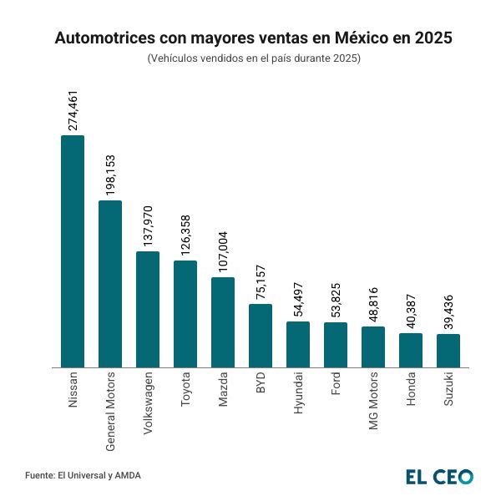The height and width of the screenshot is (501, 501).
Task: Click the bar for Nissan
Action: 73,250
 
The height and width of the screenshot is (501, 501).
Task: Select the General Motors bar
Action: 110,284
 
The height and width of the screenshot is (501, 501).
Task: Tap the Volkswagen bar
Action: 148,309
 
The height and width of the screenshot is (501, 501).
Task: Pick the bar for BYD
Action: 261,336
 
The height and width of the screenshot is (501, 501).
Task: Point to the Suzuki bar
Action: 448,351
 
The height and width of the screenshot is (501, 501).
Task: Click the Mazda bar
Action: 223,322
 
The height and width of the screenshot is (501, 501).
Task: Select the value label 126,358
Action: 185,233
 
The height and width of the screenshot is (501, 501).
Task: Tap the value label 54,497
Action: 298,301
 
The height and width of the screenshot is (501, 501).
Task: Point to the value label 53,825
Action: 336,301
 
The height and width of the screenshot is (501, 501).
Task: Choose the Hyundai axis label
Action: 298,393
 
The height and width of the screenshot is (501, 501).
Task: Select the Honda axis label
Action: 411,391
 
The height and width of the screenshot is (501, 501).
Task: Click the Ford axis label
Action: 336,385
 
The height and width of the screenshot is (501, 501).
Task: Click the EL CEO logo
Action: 439,476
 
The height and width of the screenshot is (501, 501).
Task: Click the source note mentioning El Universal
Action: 83,476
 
